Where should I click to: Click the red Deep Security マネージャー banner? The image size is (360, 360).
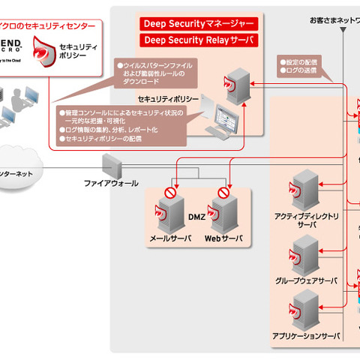click(199, 23)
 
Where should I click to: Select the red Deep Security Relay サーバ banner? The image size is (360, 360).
click(199, 40)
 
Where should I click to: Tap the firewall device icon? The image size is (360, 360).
click(111, 164)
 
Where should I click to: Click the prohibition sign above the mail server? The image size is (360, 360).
click(171, 192)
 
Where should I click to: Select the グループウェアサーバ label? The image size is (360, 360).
click(306, 281)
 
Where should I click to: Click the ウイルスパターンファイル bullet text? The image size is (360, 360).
click(153, 65)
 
